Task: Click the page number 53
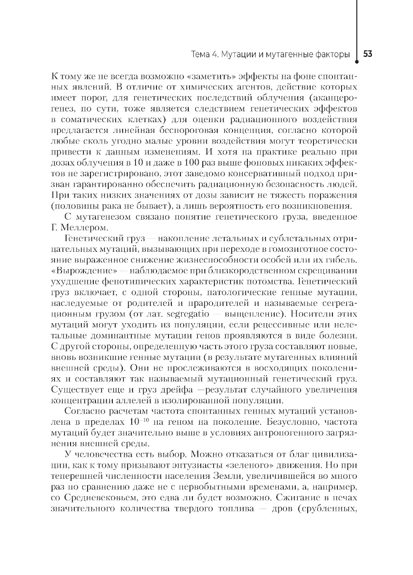click(x=368, y=54)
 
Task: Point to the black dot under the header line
click(x=357, y=63)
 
